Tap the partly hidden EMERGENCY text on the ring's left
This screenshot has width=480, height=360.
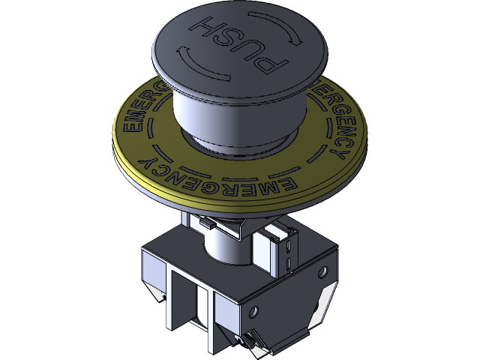142,109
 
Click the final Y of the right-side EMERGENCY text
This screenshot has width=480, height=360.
339,154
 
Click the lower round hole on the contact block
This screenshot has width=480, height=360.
253,309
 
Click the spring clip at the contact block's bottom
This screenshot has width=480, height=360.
259,341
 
